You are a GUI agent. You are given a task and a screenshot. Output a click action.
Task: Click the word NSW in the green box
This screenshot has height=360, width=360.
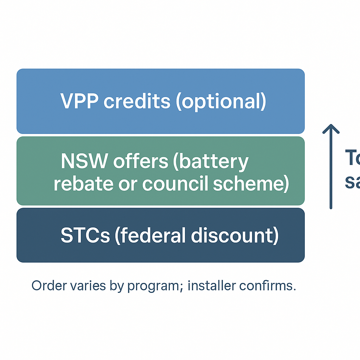(x=84, y=161)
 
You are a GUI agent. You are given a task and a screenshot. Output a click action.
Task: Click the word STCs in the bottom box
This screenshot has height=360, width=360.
(x=85, y=235)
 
